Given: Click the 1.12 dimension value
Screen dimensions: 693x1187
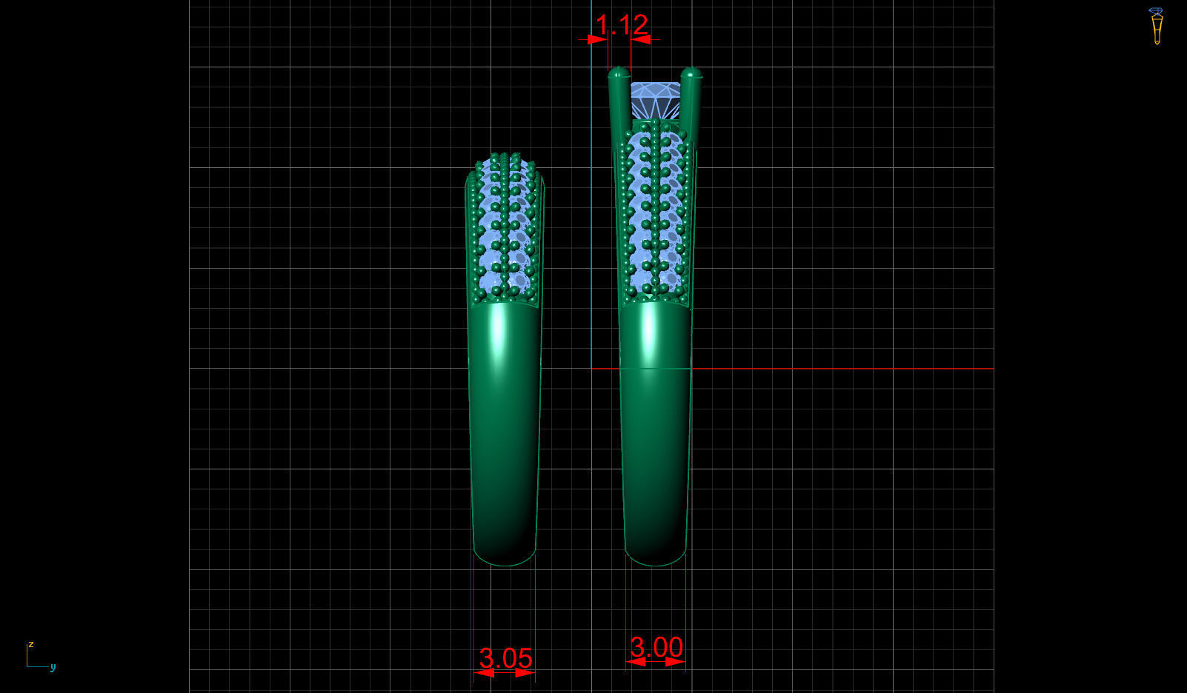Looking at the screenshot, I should click(622, 24).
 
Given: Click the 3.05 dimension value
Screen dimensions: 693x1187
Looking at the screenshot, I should click(505, 657).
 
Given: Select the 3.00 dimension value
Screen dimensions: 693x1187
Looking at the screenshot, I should click(656, 647).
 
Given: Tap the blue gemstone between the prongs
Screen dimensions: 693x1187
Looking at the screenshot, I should click(655, 100).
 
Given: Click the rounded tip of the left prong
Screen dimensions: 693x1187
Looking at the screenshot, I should click(618, 73).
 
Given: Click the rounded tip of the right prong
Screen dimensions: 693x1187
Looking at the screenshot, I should click(691, 73).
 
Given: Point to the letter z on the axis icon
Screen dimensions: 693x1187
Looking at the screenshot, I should click(31, 644).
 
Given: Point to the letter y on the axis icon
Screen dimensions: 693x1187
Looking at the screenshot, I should click(53, 666).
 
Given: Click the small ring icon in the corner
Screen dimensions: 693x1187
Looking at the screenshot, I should click(1156, 26).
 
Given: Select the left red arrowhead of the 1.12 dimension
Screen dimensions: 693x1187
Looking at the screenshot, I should click(598, 39).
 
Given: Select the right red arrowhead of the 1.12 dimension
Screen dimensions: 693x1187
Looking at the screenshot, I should click(640, 39).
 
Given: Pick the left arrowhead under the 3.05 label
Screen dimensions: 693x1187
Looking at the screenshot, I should click(485, 673).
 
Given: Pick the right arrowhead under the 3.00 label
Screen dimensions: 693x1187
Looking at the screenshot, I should click(674, 661).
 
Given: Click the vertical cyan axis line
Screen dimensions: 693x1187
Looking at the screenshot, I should click(591, 222).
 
